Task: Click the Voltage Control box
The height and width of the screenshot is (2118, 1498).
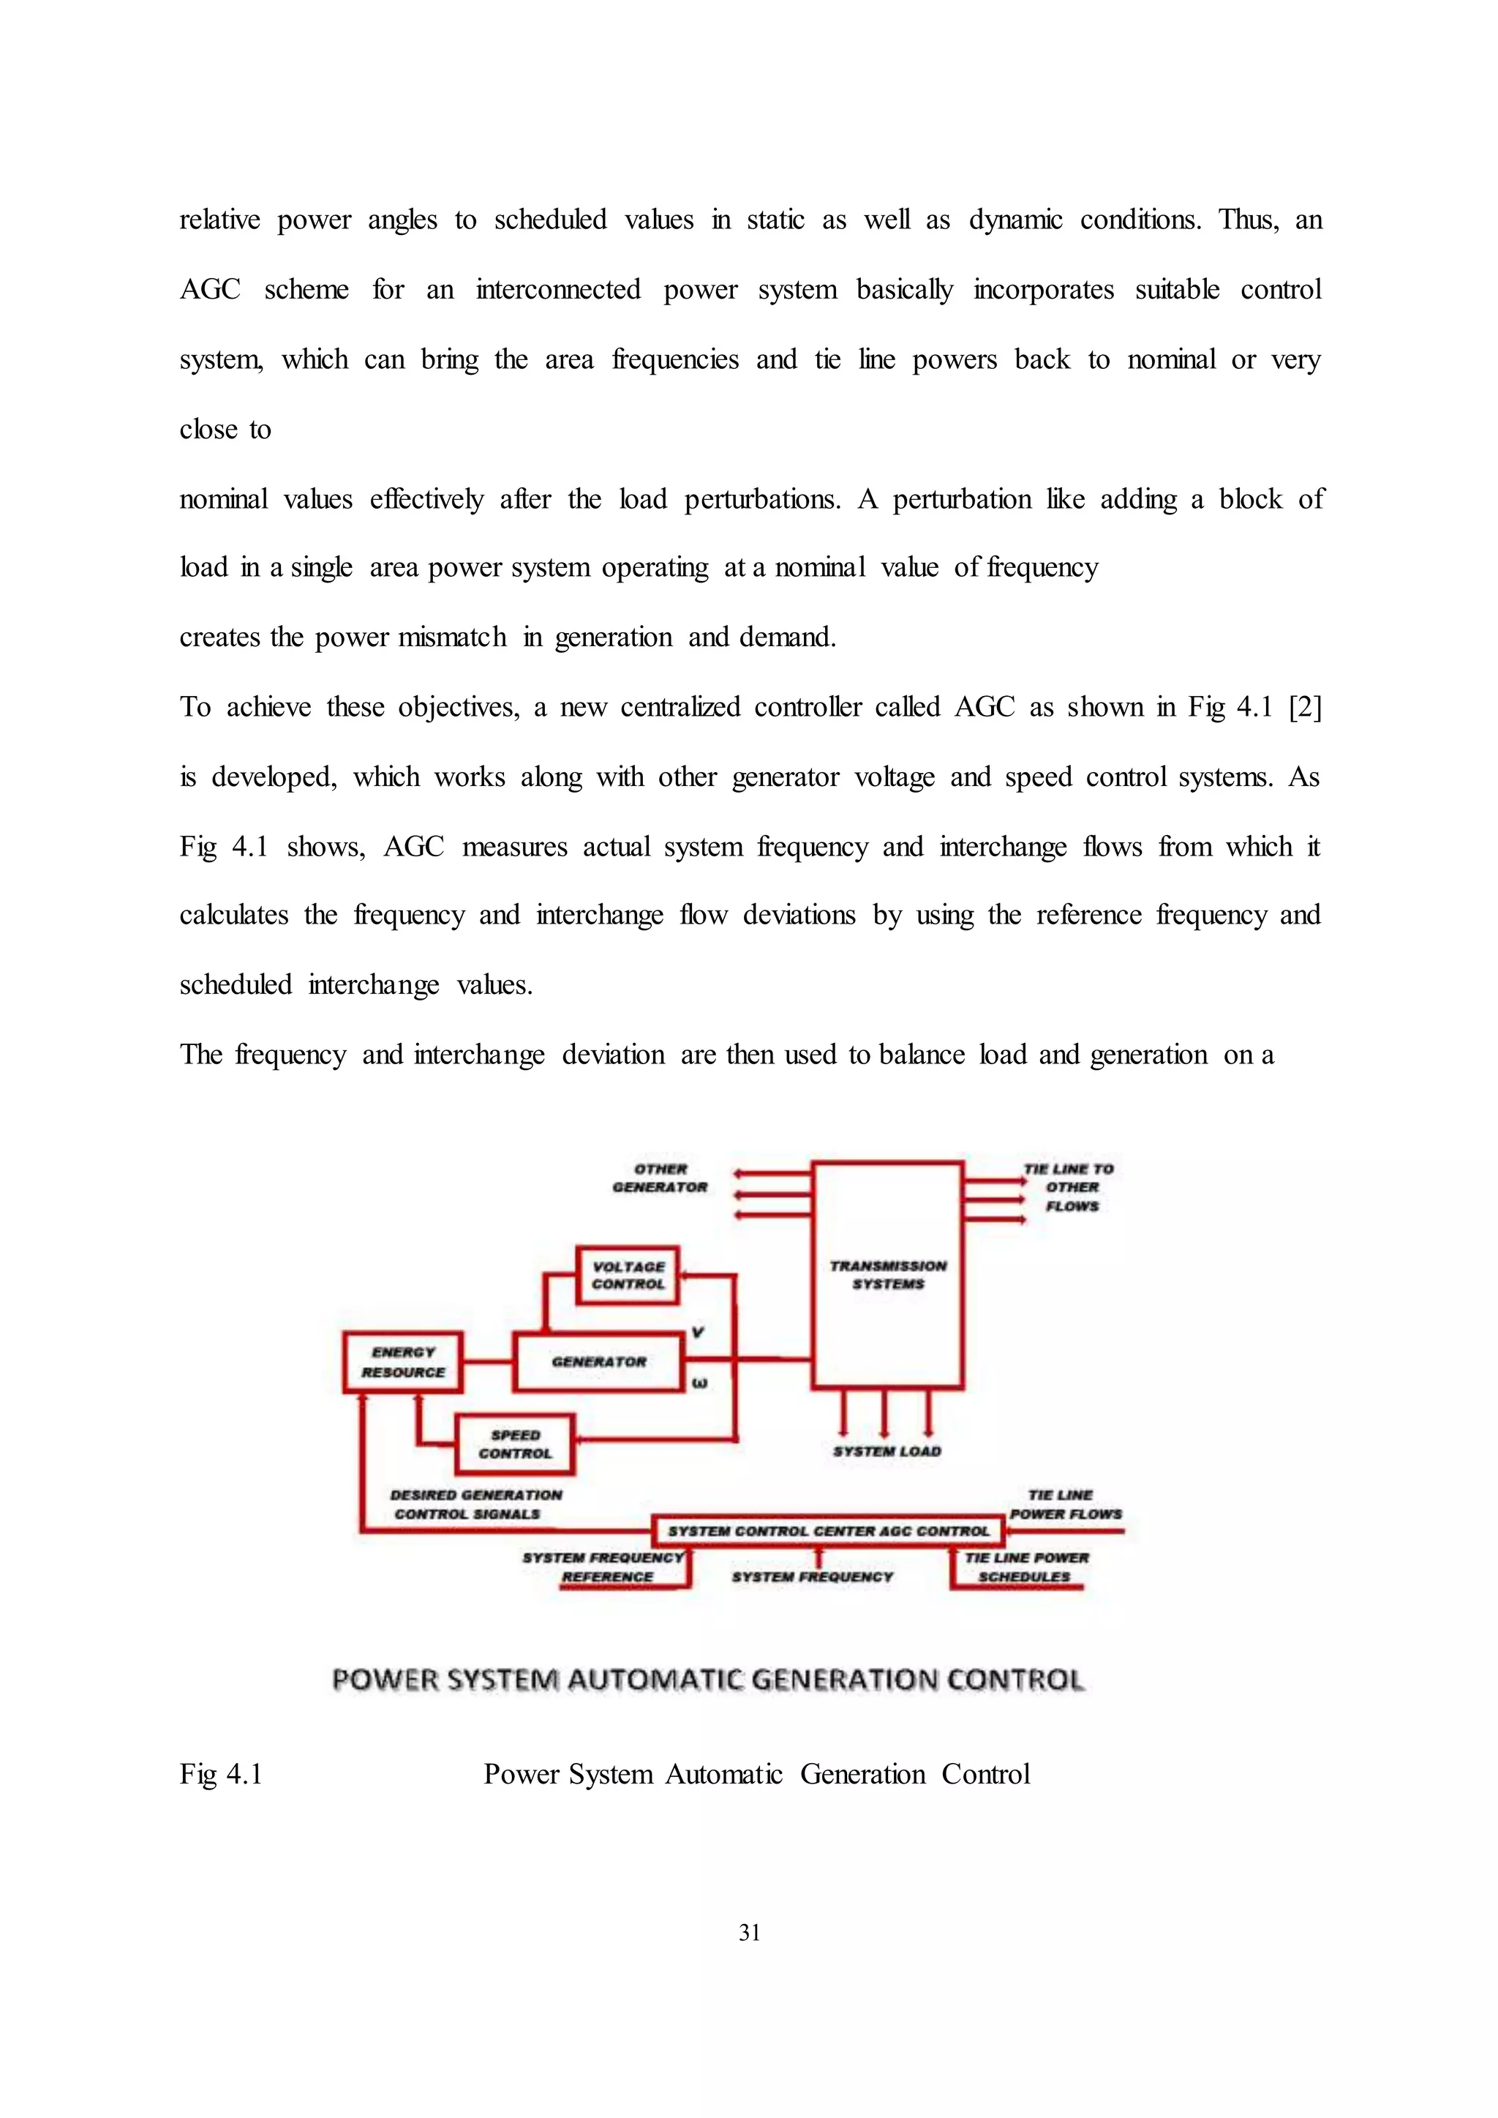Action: pyautogui.click(x=628, y=1276)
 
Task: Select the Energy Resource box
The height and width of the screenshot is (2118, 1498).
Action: pyautogui.click(x=402, y=1362)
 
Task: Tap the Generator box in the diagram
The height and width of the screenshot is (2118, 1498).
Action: pyautogui.click(x=598, y=1362)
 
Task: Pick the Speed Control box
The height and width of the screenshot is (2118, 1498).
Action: pyautogui.click(x=515, y=1444)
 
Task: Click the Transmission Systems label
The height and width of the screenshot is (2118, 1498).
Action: pyautogui.click(x=887, y=1274)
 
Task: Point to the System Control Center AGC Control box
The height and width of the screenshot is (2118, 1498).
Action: pyautogui.click(x=827, y=1531)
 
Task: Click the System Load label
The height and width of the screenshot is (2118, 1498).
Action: pyautogui.click(x=887, y=1452)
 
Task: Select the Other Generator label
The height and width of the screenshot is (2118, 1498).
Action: pyautogui.click(x=660, y=1178)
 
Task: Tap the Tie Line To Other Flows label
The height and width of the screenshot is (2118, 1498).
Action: pyautogui.click(x=1070, y=1188)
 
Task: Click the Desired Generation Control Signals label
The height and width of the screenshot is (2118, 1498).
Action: pyautogui.click(x=474, y=1504)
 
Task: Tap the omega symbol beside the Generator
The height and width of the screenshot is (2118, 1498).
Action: pyautogui.click(x=699, y=1383)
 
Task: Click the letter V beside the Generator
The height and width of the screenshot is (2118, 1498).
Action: pyautogui.click(x=697, y=1333)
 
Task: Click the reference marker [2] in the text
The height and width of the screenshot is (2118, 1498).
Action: pyautogui.click(x=1304, y=708)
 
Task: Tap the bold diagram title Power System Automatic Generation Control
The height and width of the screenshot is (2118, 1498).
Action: pyautogui.click(x=707, y=1680)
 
